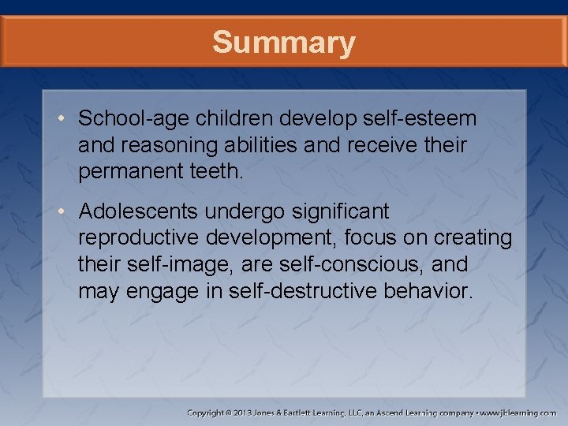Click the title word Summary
(283, 42)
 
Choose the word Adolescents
(140, 211)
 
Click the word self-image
(185, 264)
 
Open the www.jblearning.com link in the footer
(519, 413)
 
